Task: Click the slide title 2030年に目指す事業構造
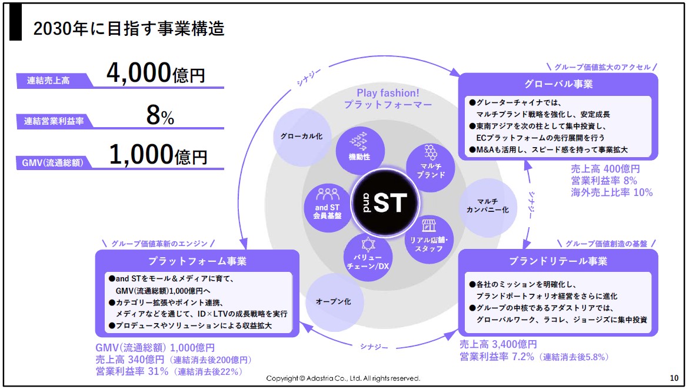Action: coord(129,29)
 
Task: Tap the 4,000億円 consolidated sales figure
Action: coord(156,72)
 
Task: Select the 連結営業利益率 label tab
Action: coord(54,121)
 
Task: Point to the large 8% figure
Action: coord(160,115)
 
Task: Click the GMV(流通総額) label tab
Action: coord(53,162)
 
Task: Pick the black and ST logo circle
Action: coord(385,202)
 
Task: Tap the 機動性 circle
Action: coord(360,151)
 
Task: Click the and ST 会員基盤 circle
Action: coord(327,208)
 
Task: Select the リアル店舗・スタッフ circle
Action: coord(429,240)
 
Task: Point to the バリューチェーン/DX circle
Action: coord(368,257)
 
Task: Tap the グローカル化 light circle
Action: coord(302,137)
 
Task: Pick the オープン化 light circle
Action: coord(334,302)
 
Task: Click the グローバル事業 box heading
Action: coord(558,84)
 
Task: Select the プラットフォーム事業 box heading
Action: coord(197,261)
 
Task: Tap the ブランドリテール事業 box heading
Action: coord(558,261)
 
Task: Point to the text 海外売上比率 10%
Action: coord(612,192)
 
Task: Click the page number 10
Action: coord(674,378)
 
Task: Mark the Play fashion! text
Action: coord(388,93)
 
